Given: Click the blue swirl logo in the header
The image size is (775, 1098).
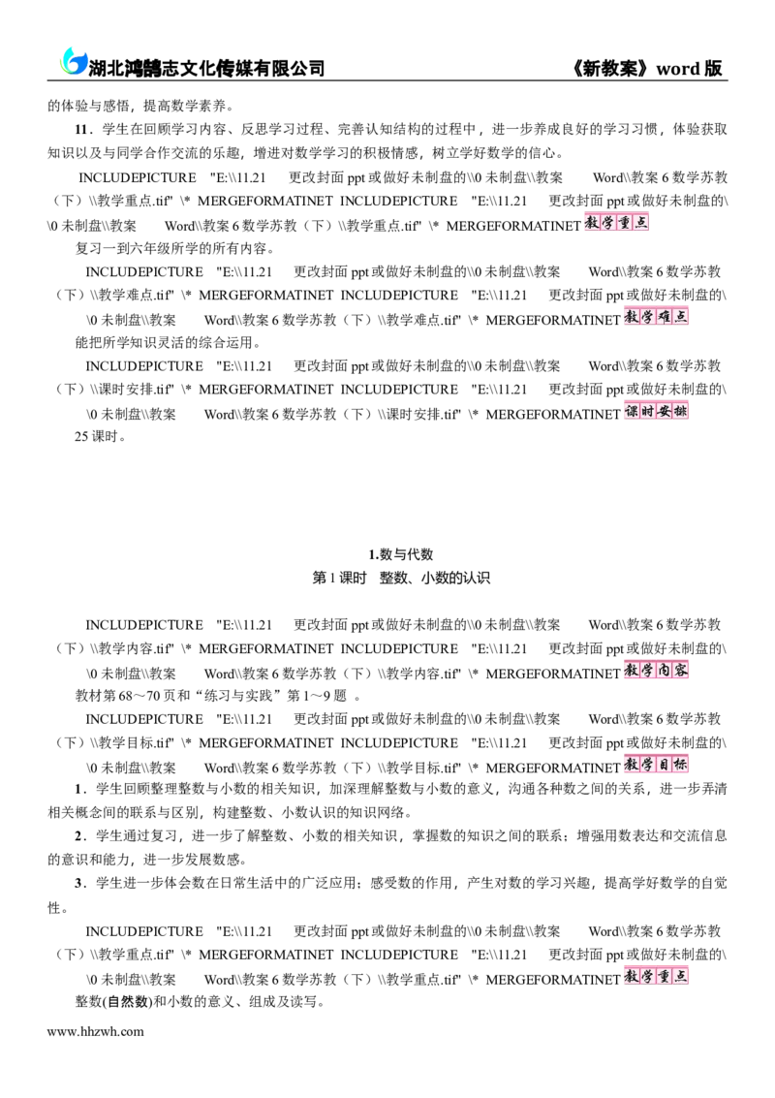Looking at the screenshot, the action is [72, 61].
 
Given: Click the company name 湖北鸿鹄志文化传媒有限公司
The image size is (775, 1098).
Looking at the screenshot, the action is [207, 68].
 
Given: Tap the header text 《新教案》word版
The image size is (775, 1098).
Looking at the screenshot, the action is [647, 68].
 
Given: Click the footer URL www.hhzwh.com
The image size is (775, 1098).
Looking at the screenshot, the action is [95, 1031].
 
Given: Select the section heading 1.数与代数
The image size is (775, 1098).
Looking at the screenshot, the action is [400, 554].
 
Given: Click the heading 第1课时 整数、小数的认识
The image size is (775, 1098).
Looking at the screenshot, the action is [400, 578].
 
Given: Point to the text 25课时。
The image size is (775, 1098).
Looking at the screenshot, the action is [101, 436].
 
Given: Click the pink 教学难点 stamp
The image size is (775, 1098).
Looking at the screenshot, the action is [656, 317].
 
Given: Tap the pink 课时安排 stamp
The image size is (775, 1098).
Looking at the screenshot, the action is [656, 410].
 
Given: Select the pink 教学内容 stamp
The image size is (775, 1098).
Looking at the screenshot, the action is [656, 671].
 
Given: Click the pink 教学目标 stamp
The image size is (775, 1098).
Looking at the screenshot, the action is [656, 764].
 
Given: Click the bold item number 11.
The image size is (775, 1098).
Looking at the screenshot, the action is [82, 130].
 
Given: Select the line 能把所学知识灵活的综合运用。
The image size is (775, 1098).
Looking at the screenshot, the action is [168, 342].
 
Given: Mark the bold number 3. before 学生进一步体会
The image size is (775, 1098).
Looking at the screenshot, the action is [79, 883].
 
